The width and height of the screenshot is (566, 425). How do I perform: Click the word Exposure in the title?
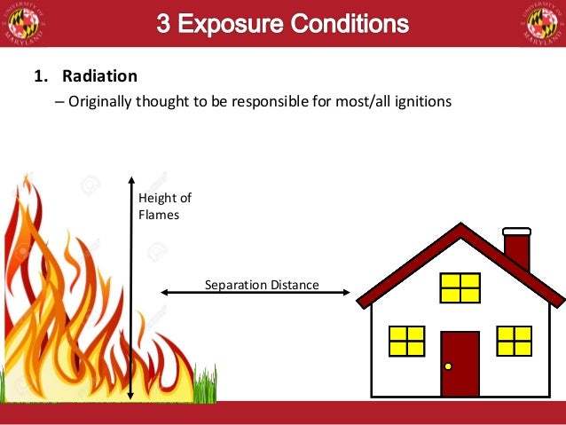coord(232,24)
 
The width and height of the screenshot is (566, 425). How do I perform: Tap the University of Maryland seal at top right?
coord(541,24)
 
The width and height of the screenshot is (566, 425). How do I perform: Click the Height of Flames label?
coord(164,206)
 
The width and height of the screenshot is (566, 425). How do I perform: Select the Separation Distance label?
coord(262,285)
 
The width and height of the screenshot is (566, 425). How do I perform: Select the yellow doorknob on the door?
coord(448,366)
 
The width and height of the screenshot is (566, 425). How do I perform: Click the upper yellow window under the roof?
coord(460,287)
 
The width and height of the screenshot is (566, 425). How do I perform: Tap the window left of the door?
coord(407,341)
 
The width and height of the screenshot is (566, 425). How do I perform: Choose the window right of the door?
coord(514,341)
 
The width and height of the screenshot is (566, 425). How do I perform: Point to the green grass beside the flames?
coord(205,385)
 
